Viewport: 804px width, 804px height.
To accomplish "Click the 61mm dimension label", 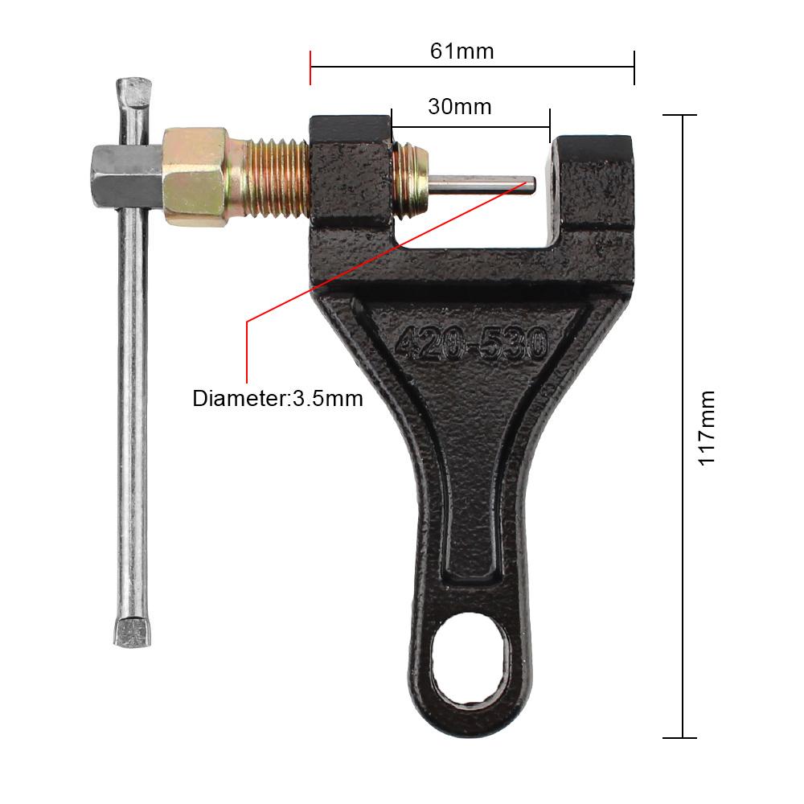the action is click(x=461, y=51).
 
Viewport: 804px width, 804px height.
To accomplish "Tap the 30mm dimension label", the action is click(x=459, y=107).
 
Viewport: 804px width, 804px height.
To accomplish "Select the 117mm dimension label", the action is click(x=706, y=428).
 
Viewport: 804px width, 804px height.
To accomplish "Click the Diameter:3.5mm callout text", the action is click(x=277, y=399).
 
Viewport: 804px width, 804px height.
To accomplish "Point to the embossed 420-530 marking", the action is click(x=470, y=343).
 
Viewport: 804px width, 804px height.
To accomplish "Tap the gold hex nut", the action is click(x=195, y=176).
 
